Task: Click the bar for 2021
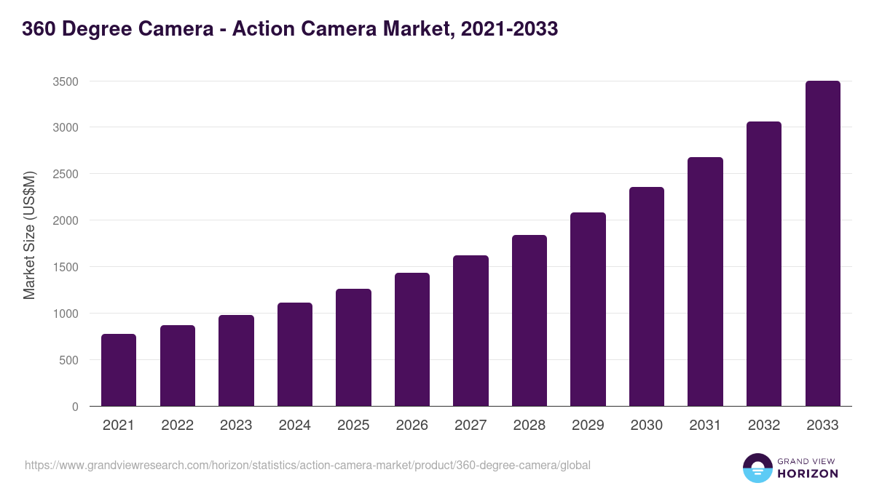119,370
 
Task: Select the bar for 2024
295,354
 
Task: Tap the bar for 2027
471,331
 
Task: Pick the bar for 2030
647,297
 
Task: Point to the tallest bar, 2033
822,244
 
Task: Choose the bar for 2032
764,264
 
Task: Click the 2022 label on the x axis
177,426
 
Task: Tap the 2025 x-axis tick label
353,426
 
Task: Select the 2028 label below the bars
529,426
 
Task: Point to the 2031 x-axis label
705,426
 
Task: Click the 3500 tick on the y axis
65,81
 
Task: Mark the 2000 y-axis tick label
65,220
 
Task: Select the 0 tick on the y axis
75,407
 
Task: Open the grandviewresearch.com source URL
307,465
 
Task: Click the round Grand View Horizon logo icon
757,468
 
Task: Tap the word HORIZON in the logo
807,474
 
